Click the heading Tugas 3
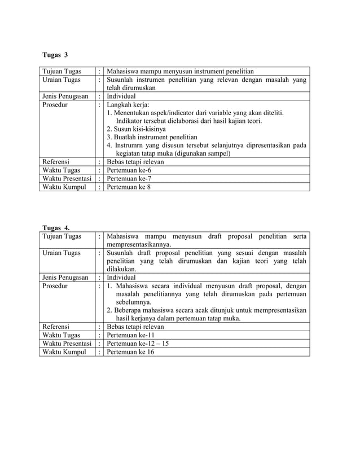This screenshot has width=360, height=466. (x=55, y=55)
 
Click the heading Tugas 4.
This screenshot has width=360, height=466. (x=56, y=227)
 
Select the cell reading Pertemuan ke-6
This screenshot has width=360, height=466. (x=129, y=170)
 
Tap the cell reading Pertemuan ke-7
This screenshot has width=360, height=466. (x=129, y=178)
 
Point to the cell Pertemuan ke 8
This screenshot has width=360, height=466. (x=129, y=187)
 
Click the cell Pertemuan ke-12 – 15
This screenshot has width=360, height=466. (x=138, y=343)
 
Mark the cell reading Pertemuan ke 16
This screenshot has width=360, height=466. (x=130, y=351)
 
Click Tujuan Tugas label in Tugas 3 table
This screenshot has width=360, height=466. (x=62, y=72)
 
